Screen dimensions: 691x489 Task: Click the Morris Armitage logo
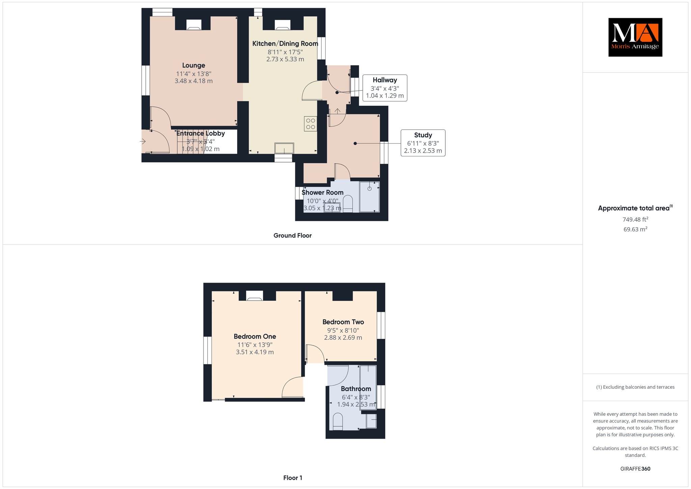[x=635, y=37]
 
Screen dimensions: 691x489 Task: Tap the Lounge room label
[x=194, y=66]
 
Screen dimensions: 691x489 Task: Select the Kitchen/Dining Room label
[x=285, y=44]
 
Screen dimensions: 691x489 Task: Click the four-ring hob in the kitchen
[x=310, y=124]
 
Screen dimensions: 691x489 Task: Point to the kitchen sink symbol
[x=284, y=148]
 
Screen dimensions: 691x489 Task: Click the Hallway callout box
[x=385, y=88]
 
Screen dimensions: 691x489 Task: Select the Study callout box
[x=423, y=143]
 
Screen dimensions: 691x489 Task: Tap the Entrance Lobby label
[x=201, y=133]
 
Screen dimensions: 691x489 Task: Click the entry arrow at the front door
[x=143, y=141]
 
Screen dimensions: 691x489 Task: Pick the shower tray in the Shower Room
[x=369, y=197]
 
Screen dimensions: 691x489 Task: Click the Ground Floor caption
[x=293, y=235]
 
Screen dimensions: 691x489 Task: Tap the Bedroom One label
[x=255, y=336]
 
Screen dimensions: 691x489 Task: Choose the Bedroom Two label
[x=343, y=322]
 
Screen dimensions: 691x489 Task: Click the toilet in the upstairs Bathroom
[x=338, y=422]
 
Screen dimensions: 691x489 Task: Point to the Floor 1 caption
[x=293, y=478]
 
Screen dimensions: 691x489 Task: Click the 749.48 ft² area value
[x=635, y=219]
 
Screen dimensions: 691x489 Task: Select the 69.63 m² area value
[x=635, y=229]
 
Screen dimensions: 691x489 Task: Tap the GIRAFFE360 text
[x=635, y=469]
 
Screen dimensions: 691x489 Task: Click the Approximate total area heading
[x=635, y=208]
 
